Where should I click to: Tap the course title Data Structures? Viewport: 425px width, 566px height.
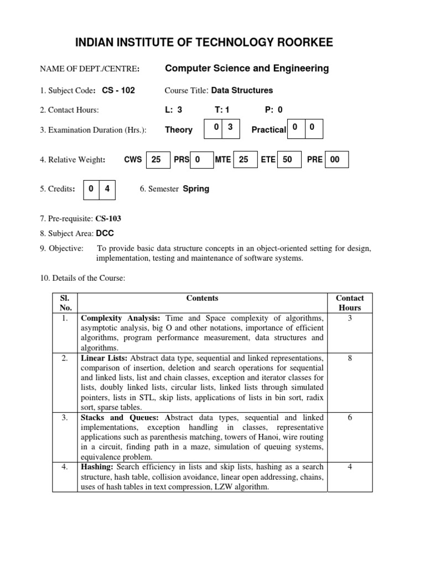[x=242, y=90]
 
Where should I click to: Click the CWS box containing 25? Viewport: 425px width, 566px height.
[x=157, y=160]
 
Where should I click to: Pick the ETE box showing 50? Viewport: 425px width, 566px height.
[x=288, y=160]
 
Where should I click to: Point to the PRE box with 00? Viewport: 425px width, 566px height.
[x=336, y=160]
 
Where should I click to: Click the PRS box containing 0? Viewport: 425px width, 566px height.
[x=202, y=160]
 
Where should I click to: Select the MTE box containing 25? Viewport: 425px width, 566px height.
[x=245, y=160]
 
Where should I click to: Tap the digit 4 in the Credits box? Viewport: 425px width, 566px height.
[x=107, y=188]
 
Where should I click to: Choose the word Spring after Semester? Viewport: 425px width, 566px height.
[x=196, y=188]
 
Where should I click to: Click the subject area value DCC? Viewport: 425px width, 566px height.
[x=106, y=234]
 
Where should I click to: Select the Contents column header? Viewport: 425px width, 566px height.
[x=202, y=298]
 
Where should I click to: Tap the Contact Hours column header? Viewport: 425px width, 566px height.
[x=350, y=303]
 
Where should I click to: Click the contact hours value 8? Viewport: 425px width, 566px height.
[x=350, y=358]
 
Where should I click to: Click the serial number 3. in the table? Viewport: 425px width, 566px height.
[x=65, y=417]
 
